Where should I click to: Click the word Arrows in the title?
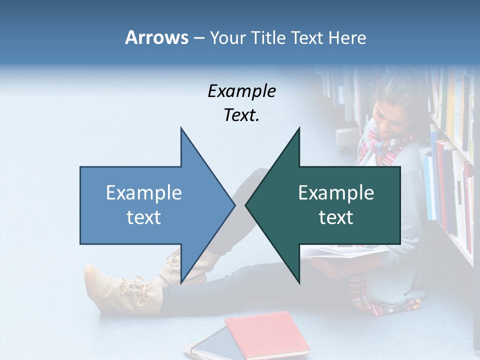coord(156,37)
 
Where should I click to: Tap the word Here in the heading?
coord(347,37)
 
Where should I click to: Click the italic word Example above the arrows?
coord(242,91)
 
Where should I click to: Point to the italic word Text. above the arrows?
coord(242,115)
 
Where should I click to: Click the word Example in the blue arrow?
coord(144,192)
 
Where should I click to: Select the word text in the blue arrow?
coord(144,217)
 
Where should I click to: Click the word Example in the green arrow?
coord(336,192)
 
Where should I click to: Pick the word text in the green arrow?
coord(336,217)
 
